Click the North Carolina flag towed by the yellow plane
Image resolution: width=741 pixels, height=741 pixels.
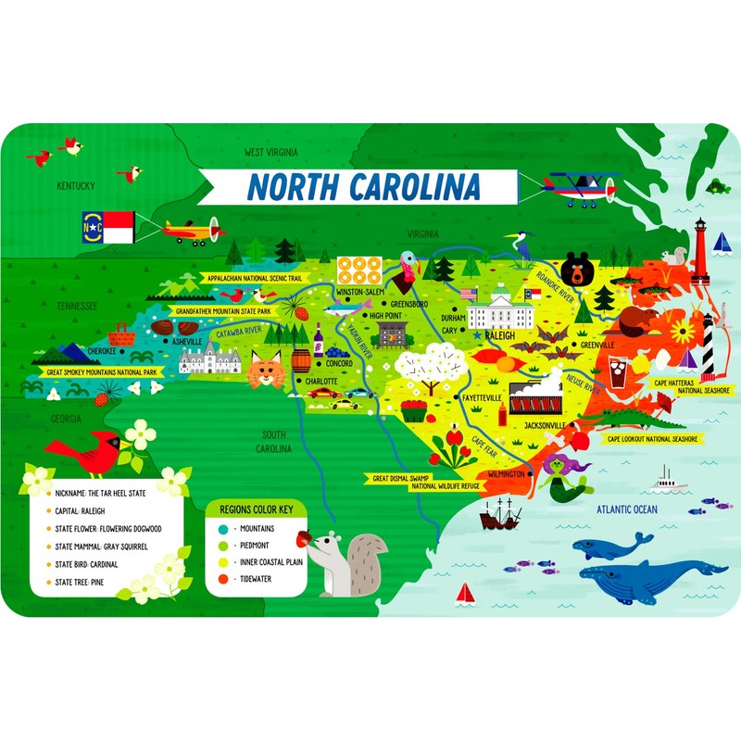(108, 226)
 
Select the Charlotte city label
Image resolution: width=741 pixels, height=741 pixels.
(320, 380)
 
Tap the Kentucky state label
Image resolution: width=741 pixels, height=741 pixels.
(76, 186)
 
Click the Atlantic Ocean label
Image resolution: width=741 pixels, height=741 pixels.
(626, 509)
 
